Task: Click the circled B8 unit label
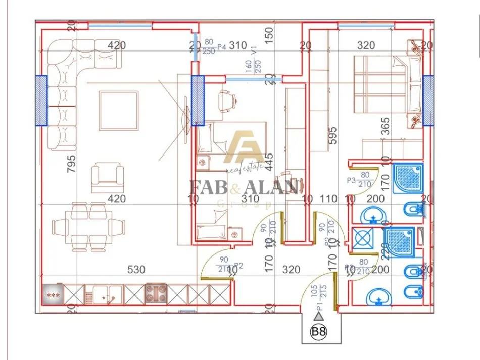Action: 318,332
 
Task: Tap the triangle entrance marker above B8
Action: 318,317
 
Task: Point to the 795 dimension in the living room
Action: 71,164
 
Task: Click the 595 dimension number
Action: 331,136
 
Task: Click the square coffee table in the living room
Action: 119,110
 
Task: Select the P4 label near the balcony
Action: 222,47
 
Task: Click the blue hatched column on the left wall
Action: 40,100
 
